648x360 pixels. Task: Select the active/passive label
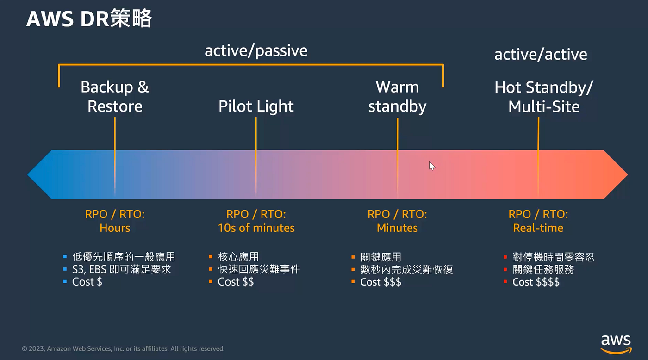(256, 50)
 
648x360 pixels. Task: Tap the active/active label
(540, 55)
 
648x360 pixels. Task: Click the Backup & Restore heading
(115, 96)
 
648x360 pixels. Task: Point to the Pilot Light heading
(256, 106)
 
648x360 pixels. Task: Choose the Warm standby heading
(397, 96)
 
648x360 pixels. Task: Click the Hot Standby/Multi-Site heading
(543, 96)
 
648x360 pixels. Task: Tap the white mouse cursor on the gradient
(431, 166)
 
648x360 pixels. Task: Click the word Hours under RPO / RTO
(115, 228)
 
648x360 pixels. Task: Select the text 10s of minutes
(256, 228)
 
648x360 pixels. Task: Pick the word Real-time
(538, 228)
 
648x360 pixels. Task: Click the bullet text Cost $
(87, 282)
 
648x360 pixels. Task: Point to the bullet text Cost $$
(236, 282)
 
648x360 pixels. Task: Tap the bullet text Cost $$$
(380, 282)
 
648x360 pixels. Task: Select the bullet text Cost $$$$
(536, 282)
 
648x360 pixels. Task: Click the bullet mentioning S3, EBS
(121, 269)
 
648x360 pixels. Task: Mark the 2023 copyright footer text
(123, 348)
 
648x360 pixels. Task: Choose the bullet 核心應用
(238, 257)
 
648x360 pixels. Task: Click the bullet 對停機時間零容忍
(553, 257)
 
